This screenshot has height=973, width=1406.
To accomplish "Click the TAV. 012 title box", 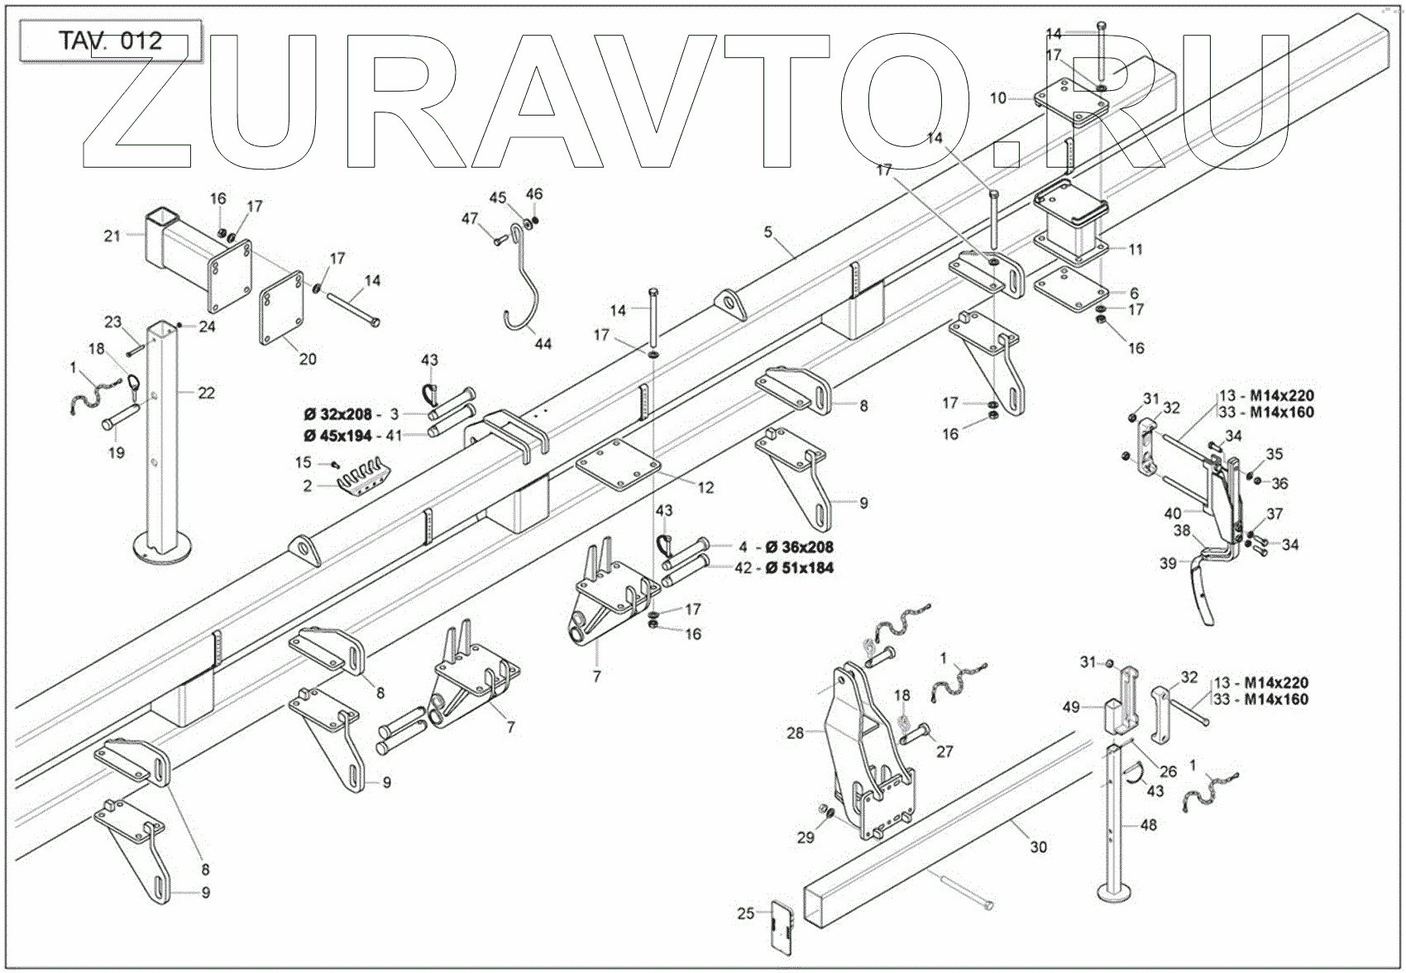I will pyautogui.click(x=110, y=41).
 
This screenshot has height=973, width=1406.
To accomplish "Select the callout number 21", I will pyautogui.click(x=112, y=236).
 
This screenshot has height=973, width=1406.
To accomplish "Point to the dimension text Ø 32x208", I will pyautogui.click(x=337, y=414).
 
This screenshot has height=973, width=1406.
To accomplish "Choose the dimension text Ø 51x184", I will pyautogui.click(x=799, y=568).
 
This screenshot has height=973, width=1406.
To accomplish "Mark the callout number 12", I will pyautogui.click(x=705, y=488).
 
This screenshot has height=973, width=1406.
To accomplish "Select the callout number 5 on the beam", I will pyautogui.click(x=768, y=232).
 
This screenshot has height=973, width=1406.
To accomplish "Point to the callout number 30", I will pyautogui.click(x=1039, y=847).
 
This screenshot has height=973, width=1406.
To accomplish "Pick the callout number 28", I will pyautogui.click(x=795, y=732).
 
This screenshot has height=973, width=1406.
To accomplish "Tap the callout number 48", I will pyautogui.click(x=1149, y=824).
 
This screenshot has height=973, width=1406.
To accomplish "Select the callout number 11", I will pyautogui.click(x=1136, y=249).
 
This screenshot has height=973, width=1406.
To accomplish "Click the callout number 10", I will pyautogui.click(x=998, y=98).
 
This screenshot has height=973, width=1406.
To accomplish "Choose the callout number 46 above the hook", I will pyautogui.click(x=534, y=194).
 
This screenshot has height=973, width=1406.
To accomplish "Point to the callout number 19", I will pyautogui.click(x=117, y=452).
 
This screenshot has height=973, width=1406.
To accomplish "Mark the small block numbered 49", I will pyautogui.click(x=1116, y=716).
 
